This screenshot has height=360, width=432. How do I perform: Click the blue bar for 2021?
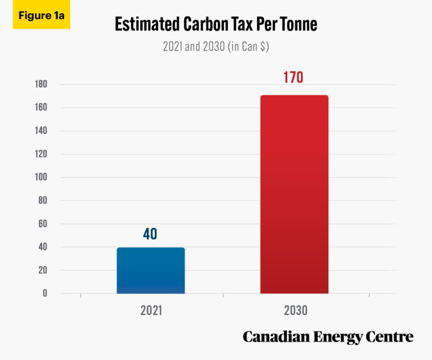click(151, 270)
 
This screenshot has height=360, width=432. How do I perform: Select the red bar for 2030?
click(294, 194)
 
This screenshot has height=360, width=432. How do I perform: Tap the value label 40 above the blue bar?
click(150, 234)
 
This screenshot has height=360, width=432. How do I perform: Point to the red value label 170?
click(293, 78)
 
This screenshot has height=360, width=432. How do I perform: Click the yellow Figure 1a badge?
click(41, 16)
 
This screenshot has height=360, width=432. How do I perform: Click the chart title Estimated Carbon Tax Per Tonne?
click(216, 25)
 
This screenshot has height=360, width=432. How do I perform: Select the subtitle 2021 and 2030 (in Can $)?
click(216, 46)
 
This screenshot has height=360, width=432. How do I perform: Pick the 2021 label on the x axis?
click(151, 311)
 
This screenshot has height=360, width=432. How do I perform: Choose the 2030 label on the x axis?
click(294, 311)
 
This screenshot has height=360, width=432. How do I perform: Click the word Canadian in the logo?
click(275, 337)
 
